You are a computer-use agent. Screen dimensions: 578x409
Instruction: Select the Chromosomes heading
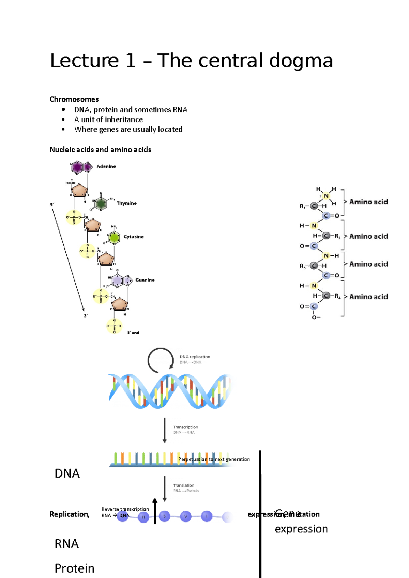(74, 99)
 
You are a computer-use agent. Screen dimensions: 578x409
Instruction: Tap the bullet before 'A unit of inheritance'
(63, 119)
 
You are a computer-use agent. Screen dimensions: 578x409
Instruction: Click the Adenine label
(106, 166)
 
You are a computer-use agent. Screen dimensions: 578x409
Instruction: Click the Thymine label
(126, 203)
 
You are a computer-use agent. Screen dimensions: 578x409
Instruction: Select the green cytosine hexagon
(113, 237)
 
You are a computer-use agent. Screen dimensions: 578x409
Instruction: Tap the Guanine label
(145, 280)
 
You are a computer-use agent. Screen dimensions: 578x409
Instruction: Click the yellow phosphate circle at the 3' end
(114, 326)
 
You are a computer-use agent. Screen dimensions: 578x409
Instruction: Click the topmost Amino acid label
(368, 202)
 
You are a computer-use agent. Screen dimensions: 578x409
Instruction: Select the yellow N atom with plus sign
(326, 196)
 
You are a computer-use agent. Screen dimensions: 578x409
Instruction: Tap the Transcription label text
(185, 427)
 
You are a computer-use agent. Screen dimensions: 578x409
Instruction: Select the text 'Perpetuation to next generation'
(214, 459)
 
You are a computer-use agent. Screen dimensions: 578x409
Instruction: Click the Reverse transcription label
(125, 509)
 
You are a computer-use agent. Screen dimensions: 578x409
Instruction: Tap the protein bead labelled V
(186, 516)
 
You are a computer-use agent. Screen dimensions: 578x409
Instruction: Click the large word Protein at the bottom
(75, 568)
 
